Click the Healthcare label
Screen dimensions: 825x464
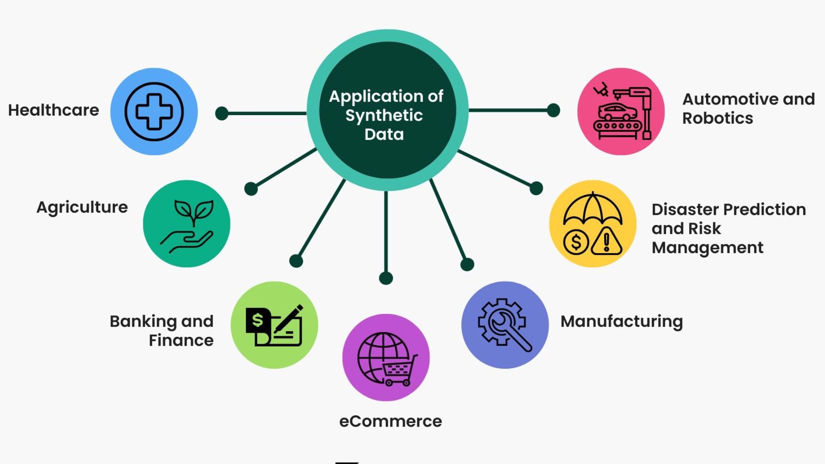click(54, 110)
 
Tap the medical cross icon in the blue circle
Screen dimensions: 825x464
click(154, 112)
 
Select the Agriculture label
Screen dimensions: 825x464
click(82, 208)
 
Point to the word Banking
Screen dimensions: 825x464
click(144, 322)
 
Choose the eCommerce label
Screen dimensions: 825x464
click(391, 421)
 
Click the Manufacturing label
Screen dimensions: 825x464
click(622, 322)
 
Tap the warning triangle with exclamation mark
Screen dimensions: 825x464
click(606, 241)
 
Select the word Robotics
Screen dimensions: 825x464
click(718, 118)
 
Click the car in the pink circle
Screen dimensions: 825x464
click(618, 112)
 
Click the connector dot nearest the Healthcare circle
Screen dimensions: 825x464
click(222, 113)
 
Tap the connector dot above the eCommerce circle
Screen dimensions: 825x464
click(386, 278)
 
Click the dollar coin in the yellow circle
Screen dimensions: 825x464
click(576, 242)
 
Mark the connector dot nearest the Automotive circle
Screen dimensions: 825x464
click(553, 110)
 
